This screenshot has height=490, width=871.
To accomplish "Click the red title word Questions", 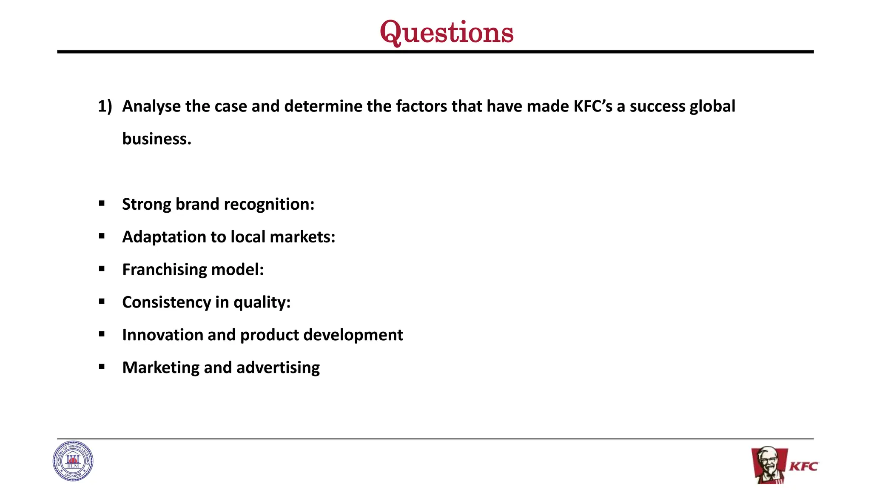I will point(447,32).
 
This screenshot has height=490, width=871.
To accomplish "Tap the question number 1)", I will point(105,106).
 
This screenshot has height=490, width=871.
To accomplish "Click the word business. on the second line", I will point(157,139).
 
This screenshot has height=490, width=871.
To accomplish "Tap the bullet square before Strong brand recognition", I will point(102,204).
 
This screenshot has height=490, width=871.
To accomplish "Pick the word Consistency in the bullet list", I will point(166,302).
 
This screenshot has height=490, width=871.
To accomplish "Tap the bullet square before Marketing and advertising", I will point(102,367).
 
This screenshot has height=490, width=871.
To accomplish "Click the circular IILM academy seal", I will point(73,461).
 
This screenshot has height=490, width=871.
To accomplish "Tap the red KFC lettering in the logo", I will point(803,467).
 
